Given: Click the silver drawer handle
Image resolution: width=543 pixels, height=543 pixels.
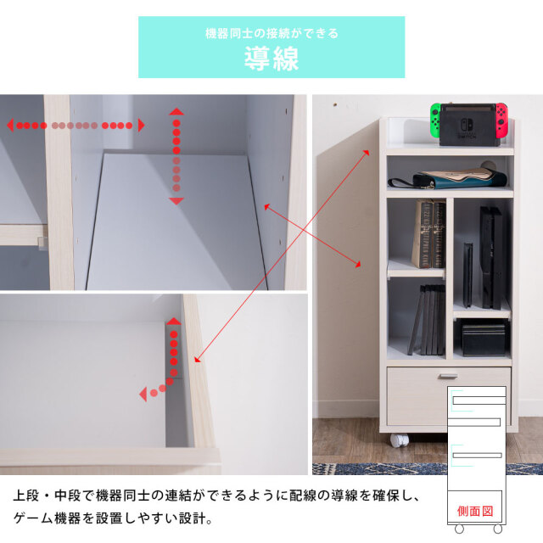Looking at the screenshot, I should point(448,375).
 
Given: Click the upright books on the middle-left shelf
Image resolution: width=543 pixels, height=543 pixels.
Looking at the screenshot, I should point(428,234).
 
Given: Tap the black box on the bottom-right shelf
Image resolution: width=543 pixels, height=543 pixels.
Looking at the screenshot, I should point(484,337).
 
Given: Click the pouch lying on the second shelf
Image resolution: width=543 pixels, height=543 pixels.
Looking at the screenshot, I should point(458,176).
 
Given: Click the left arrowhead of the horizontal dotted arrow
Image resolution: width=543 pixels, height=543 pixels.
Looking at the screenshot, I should point(10,126).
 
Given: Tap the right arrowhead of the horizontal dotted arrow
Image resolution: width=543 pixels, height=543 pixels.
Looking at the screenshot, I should point(141,126).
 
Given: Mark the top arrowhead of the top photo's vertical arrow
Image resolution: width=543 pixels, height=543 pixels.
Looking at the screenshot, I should point(176,111).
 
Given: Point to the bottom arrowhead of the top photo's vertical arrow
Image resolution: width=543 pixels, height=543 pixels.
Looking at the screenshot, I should point(176,200).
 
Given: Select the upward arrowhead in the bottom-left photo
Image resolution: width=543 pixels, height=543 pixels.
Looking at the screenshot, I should point(174,322).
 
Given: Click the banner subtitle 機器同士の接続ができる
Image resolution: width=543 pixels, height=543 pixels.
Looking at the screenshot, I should point(271,33).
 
